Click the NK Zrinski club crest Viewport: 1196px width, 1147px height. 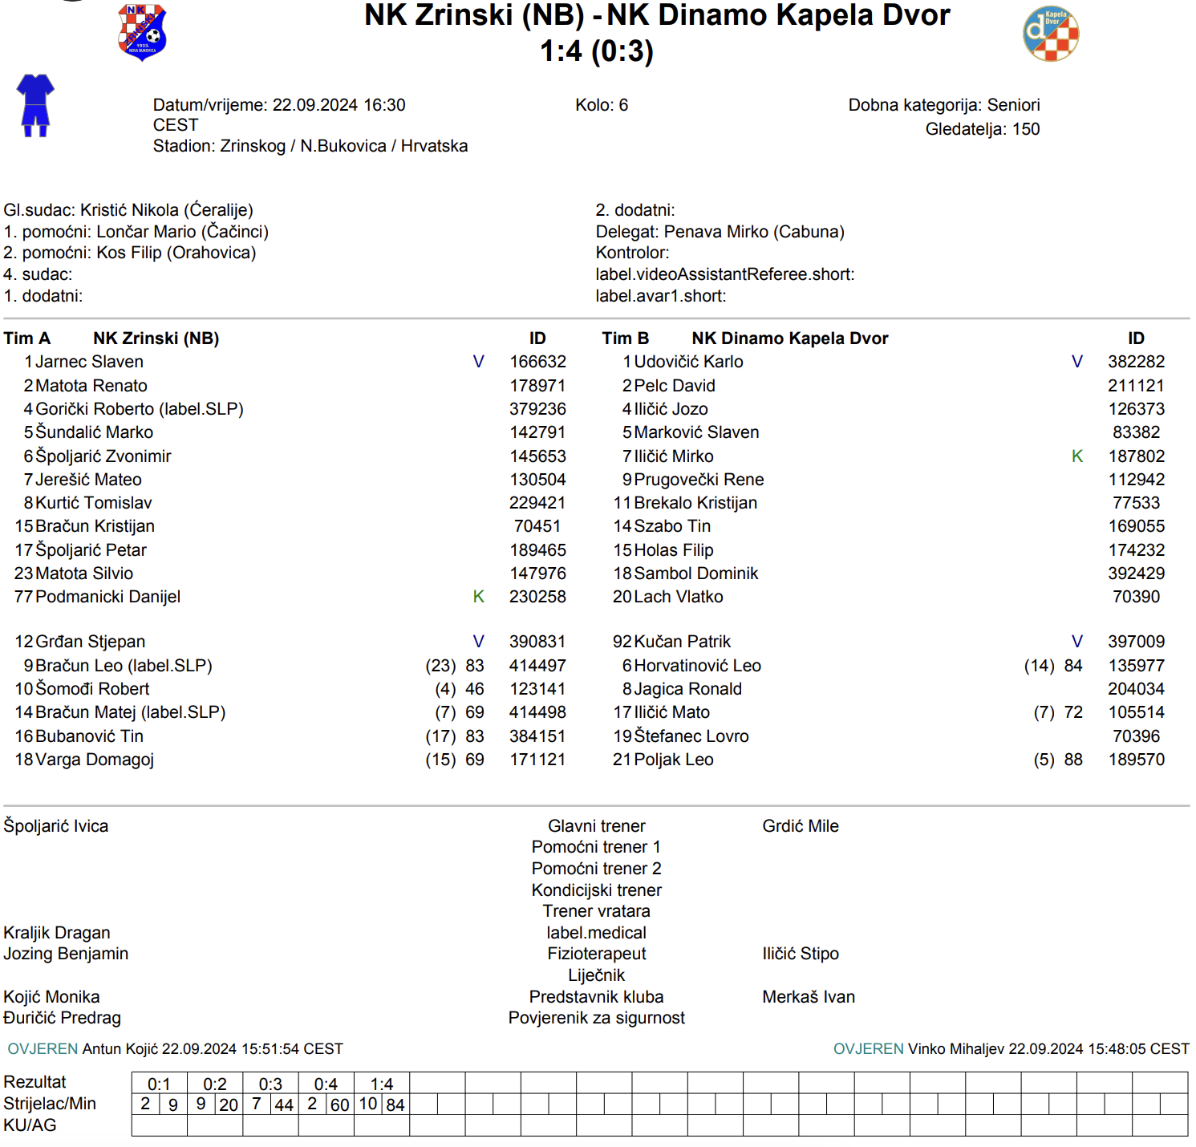(142, 32)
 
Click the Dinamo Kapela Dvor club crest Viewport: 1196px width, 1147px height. (1051, 34)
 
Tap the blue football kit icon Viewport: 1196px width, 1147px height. (35, 105)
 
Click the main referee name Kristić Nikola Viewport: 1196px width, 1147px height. (130, 210)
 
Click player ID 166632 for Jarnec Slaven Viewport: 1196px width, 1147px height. (537, 362)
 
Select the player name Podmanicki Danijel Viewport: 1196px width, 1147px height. (107, 597)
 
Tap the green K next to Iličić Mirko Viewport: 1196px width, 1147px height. (1077, 456)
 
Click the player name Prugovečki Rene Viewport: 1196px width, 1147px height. (699, 480)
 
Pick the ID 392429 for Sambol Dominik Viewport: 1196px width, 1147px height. (1136, 573)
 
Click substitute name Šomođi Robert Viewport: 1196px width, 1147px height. (92, 689)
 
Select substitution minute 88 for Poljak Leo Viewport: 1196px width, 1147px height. (1073, 760)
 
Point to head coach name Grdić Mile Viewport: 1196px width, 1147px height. (800, 826)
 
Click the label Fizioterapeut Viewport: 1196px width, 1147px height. (596, 954)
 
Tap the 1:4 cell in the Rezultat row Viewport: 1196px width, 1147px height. (381, 1084)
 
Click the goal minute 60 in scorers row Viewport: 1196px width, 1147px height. (339, 1105)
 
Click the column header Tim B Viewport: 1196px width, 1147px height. (625, 338)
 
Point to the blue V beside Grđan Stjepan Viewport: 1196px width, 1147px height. (478, 642)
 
